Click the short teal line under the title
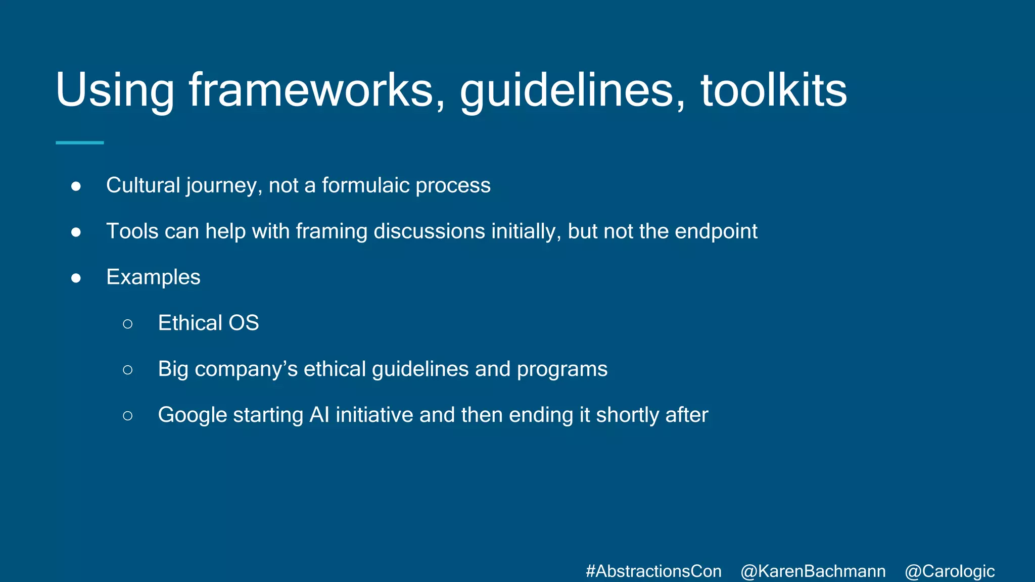pyautogui.click(x=79, y=143)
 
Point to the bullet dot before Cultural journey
pyautogui.click(x=76, y=186)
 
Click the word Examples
pyautogui.click(x=153, y=277)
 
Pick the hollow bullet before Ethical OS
pyautogui.click(x=127, y=323)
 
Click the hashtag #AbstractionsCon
pyautogui.click(x=653, y=571)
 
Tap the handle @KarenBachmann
pyautogui.click(x=813, y=571)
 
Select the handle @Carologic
pyautogui.click(x=949, y=571)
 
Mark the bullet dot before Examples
pyautogui.click(x=76, y=278)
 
